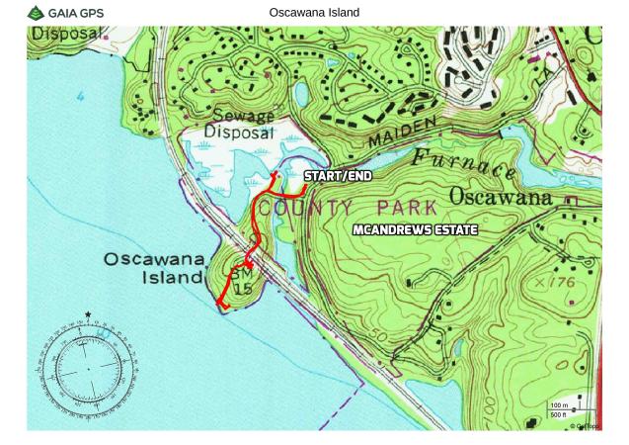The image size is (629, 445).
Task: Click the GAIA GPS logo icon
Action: pos(36,13)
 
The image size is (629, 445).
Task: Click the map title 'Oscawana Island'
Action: pos(314,13)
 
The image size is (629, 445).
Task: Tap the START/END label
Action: pos(338,176)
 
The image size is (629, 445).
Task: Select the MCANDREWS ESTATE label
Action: pos(415,230)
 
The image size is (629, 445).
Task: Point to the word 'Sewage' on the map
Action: pos(239,116)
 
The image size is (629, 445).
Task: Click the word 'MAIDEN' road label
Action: pos(402,132)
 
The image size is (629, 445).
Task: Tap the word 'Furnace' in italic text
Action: pos(464,164)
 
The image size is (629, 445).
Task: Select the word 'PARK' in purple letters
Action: pos(407,208)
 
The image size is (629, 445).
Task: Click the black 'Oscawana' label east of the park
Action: pos(501,197)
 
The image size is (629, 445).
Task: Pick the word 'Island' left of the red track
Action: pos(173,278)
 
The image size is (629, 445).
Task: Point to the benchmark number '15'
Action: pos(242,288)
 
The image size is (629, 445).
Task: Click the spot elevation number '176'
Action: pos(560,283)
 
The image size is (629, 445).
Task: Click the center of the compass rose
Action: pos(88,368)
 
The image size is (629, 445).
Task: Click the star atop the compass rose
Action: pos(88,315)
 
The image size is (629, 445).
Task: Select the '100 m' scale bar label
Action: pos(559,405)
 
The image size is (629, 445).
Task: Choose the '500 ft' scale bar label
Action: pos(559,414)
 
